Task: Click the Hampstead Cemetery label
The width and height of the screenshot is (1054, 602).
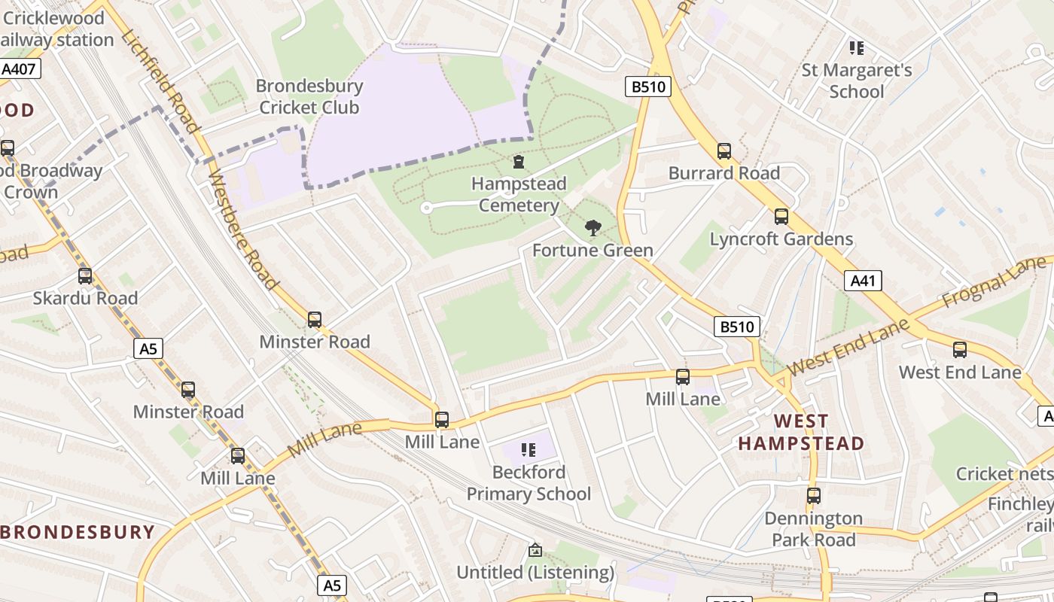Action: (x=519, y=194)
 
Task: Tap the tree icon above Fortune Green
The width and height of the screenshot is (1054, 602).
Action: (x=593, y=228)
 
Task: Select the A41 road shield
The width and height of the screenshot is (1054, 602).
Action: (x=863, y=281)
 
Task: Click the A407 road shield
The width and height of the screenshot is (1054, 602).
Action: (x=20, y=69)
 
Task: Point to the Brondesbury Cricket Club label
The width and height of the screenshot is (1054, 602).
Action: (x=309, y=96)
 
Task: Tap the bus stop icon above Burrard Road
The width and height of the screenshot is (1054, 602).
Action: (x=723, y=151)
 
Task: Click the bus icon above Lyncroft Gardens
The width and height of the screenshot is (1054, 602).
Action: (x=781, y=217)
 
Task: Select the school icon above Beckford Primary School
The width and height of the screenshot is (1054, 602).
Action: (x=529, y=450)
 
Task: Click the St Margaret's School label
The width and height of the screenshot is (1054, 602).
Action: (x=857, y=81)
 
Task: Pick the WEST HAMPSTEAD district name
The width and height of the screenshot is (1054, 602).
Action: (x=801, y=432)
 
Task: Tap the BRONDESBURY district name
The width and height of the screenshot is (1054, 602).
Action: (x=78, y=532)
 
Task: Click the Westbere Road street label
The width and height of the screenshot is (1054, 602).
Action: (x=242, y=230)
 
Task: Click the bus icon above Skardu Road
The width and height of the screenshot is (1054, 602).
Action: (x=85, y=276)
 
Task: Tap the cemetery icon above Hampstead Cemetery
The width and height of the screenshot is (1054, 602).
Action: (x=518, y=162)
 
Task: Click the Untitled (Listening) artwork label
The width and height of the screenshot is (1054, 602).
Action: (x=535, y=573)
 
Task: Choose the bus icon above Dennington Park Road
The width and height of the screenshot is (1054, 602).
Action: (x=813, y=496)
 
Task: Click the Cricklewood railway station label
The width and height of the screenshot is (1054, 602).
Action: (x=56, y=29)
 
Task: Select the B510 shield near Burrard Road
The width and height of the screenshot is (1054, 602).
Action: (x=648, y=87)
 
